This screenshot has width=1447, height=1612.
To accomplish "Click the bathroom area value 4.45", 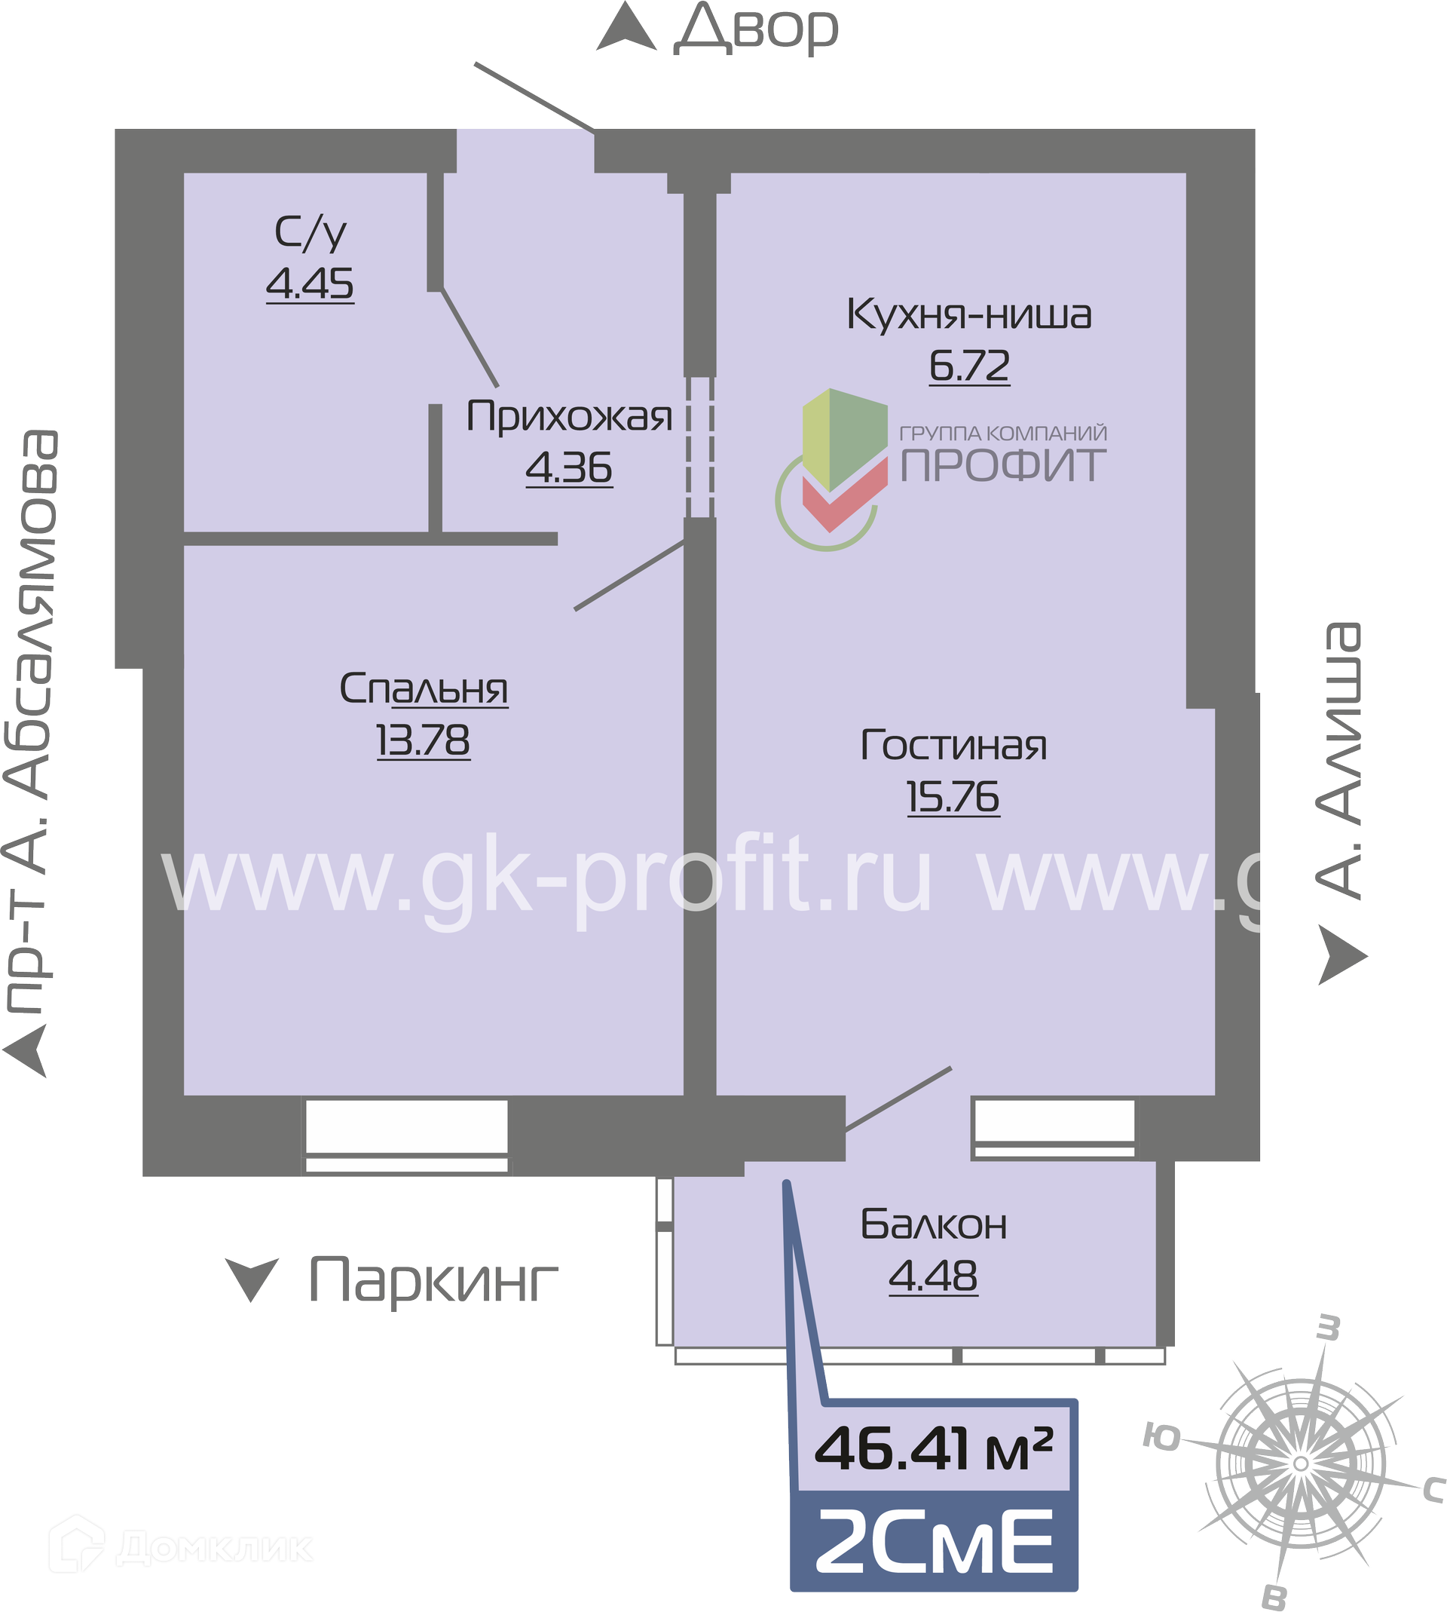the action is click(x=310, y=284).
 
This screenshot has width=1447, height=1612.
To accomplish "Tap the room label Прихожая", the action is click(x=569, y=416).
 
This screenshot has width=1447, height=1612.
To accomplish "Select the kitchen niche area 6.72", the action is click(x=970, y=366).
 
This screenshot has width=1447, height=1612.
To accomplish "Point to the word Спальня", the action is click(x=424, y=688).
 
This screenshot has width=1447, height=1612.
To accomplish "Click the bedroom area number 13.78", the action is click(x=423, y=741).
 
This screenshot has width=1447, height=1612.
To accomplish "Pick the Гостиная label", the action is click(x=954, y=745).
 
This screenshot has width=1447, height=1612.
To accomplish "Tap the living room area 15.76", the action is click(x=953, y=797).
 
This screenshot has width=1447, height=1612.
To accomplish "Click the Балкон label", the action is click(x=934, y=1224).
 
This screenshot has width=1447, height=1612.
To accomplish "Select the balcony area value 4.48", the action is click(x=934, y=1276).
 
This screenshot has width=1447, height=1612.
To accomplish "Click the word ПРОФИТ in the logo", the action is click(x=1003, y=465).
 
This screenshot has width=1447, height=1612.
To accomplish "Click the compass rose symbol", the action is click(x=1302, y=1463).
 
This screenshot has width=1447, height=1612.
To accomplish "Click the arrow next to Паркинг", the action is click(x=252, y=1279).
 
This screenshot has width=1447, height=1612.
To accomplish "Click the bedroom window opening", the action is click(x=406, y=1135).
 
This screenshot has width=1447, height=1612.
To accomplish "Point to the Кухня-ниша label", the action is click(x=969, y=314).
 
